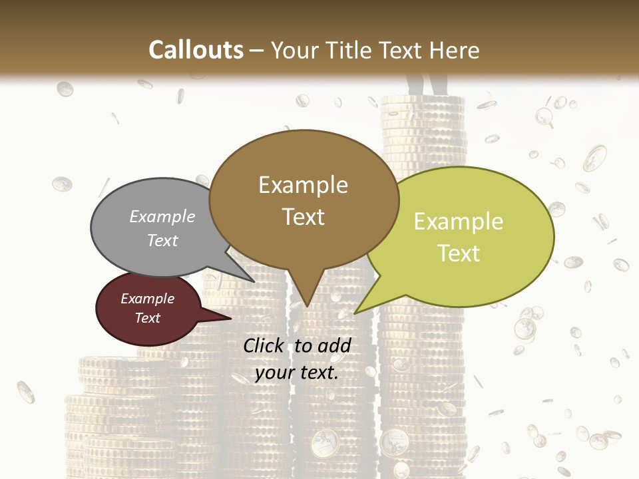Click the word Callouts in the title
click(196, 50)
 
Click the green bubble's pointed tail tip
click(355, 313)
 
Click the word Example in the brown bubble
click(303, 185)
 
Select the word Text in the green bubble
click(459, 253)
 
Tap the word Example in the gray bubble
click(162, 217)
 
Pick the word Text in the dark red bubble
click(148, 318)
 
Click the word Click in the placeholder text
click(265, 345)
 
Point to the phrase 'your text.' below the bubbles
click(297, 373)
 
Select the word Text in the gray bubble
click(162, 241)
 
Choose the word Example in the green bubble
click(459, 222)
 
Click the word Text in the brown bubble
click(304, 217)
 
